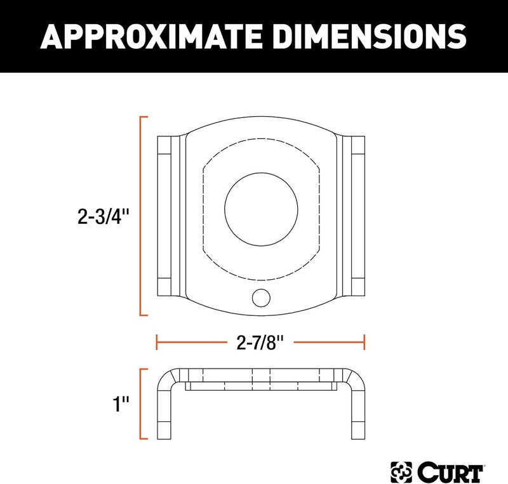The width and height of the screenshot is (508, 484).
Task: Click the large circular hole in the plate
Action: point(261,207)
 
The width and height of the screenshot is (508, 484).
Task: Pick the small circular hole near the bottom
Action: point(260,296)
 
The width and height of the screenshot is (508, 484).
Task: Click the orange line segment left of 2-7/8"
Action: point(191,343)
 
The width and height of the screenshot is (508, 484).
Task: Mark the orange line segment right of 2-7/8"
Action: point(330,343)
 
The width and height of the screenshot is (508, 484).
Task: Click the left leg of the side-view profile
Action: point(165,412)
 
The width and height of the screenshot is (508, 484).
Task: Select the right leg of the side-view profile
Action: point(357,412)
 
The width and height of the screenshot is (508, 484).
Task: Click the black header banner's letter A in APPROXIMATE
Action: point(52,36)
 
